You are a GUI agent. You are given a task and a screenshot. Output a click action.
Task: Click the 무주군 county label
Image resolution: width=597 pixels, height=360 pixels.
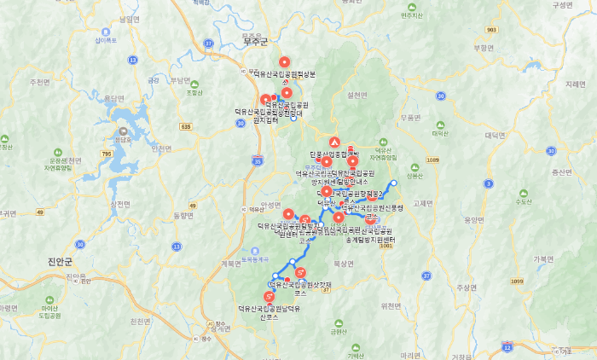(254, 41)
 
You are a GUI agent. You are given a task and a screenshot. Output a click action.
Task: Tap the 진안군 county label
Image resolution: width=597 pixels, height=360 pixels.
(64, 262)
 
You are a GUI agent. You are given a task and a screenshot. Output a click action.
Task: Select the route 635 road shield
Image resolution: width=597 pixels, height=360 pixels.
(186, 125)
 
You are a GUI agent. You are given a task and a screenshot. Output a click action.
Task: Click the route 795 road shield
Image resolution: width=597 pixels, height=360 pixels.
(106, 154)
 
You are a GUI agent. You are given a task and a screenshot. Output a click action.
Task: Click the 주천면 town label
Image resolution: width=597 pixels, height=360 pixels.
(40, 83)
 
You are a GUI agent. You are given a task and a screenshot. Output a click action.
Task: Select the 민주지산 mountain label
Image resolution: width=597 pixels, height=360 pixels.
(411, 15)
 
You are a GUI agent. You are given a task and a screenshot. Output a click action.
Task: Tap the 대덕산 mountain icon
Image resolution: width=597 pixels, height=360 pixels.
(439, 124)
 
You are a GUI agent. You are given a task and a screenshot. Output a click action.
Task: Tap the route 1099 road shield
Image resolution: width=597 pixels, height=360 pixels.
(516, 281)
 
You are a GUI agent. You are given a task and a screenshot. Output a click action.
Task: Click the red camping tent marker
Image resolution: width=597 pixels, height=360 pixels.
(334, 142)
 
